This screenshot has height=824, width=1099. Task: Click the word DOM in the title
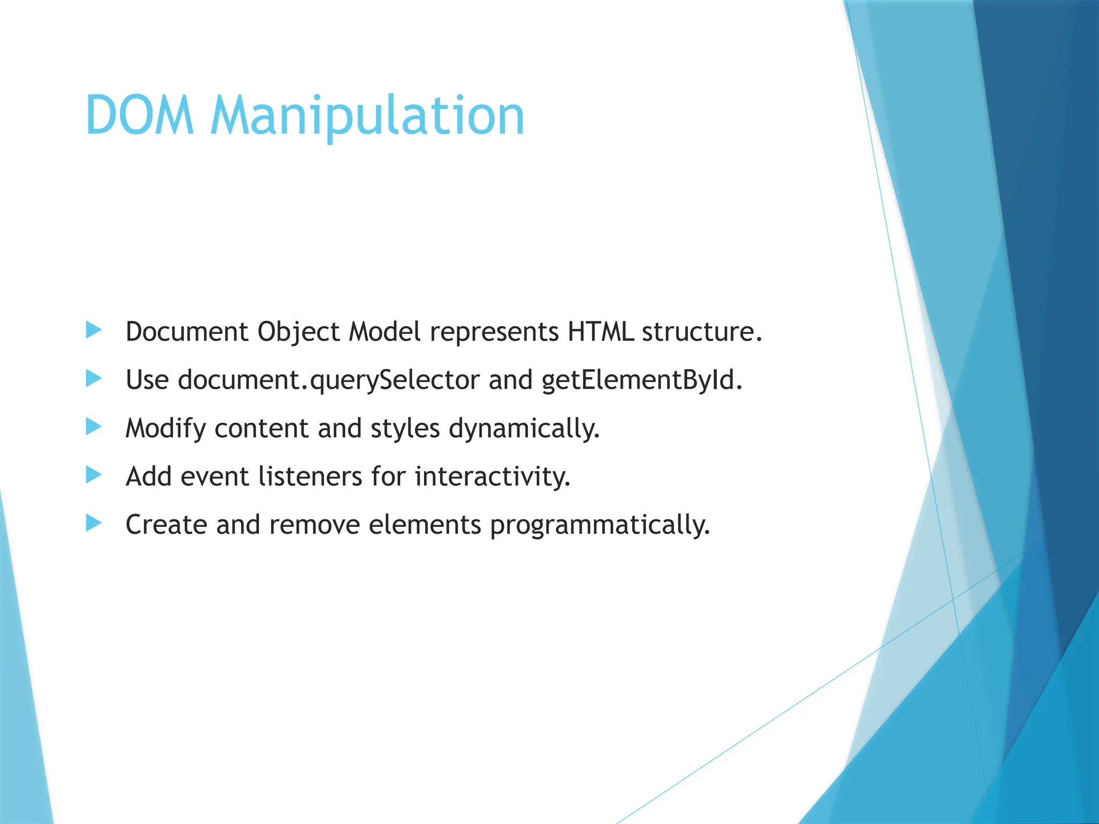140,116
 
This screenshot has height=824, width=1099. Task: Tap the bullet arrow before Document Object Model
93,330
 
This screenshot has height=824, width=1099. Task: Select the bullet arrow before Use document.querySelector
93,379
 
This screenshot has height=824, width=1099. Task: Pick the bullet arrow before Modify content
93,427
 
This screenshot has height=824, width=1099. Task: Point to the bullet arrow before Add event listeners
93,475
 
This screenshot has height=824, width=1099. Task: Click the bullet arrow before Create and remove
93,523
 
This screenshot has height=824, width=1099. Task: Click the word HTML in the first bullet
600,332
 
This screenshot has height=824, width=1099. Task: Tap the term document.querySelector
328,380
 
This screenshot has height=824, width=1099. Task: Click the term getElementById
641,380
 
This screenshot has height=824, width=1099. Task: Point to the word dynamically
523,429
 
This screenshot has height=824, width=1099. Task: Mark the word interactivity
492,476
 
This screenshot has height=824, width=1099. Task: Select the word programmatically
599,525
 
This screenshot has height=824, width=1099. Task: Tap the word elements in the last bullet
424,525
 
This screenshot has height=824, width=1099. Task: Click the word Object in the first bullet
298,332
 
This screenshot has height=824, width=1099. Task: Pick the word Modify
165,429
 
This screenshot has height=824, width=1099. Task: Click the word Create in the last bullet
166,525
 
